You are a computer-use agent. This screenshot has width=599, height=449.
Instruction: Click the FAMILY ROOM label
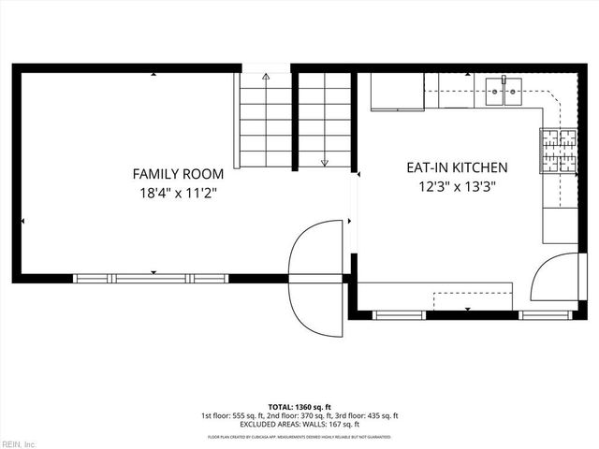[178, 174]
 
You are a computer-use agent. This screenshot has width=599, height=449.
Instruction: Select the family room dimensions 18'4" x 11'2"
[178, 193]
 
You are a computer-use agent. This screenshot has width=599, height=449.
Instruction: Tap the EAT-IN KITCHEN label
[456, 168]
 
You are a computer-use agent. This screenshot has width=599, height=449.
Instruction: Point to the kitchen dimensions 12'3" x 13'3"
[456, 186]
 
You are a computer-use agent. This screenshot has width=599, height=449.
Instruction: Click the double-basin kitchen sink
[504, 90]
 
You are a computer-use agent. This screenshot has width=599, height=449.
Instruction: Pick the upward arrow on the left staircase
[266, 77]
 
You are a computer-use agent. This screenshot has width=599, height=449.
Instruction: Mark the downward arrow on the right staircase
[325, 161]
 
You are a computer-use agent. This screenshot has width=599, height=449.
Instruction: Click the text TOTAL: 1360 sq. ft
[299, 407]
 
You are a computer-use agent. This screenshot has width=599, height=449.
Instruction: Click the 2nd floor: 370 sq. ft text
[299, 415]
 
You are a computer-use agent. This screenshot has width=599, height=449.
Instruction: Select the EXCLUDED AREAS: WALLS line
[299, 424]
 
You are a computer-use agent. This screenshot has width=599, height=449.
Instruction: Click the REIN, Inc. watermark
[19, 442]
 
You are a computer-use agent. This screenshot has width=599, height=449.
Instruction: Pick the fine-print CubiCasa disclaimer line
[299, 437]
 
